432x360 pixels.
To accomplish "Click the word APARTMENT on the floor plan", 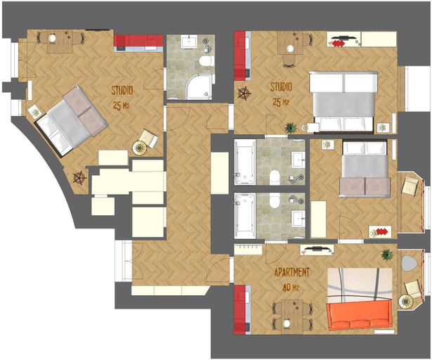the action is (x=292, y=272).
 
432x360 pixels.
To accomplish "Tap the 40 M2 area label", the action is (x=291, y=288).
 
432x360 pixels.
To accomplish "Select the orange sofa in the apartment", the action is (x=359, y=315).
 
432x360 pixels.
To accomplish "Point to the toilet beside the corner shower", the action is (x=205, y=61).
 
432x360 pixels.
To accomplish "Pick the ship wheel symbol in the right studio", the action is (x=244, y=94).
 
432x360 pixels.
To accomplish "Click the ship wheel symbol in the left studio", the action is (x=79, y=178).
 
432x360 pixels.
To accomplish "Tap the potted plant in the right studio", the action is (x=291, y=128).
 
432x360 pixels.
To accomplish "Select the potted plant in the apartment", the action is (x=387, y=255).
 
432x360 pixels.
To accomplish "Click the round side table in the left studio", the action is (x=140, y=148).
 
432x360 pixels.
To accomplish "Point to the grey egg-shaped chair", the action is (x=409, y=263).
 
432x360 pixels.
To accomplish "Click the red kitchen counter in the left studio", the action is (x=138, y=44).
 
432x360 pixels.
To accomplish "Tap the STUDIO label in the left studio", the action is (x=122, y=90).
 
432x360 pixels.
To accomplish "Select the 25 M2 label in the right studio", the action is (x=281, y=103).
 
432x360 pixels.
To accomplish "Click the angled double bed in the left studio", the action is (x=71, y=120).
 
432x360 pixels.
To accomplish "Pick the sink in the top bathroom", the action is (x=189, y=41).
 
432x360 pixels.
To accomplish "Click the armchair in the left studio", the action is (x=148, y=138).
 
